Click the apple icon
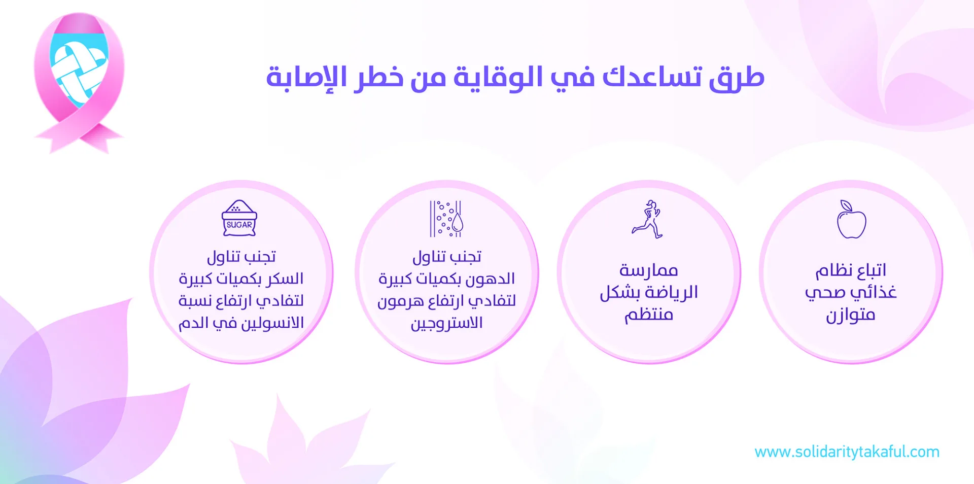click(x=851, y=220)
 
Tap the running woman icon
click(x=647, y=219)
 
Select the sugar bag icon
click(x=239, y=218)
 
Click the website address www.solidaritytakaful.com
click(x=847, y=452)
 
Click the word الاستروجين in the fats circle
click(x=446, y=323)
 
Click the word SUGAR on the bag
click(x=239, y=225)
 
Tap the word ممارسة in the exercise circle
click(x=649, y=270)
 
